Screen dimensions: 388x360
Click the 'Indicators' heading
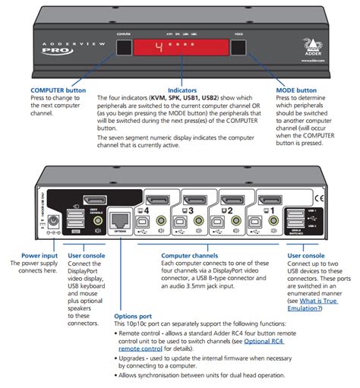pos(178,90)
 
